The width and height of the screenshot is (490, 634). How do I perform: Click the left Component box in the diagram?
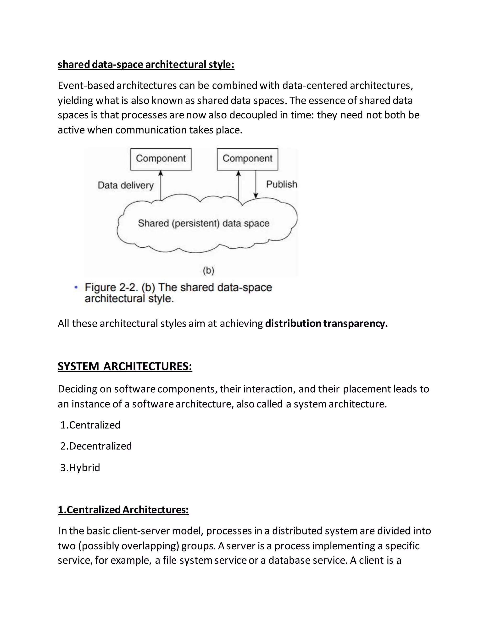coord(161,159)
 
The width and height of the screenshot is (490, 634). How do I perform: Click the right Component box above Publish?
coord(247,159)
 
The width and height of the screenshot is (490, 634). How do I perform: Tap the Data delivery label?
coord(125,185)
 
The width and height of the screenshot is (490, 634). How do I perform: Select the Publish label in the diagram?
coord(282,184)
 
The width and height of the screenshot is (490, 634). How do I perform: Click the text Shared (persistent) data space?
coord(204,223)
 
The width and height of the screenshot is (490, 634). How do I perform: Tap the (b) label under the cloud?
coord(208,271)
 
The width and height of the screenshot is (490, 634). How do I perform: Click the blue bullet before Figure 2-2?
coord(76,287)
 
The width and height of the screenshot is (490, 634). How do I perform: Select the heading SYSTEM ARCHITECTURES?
coord(125,366)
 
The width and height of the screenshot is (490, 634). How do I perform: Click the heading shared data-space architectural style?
coord(146,64)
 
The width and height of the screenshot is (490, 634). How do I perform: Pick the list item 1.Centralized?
coord(90,425)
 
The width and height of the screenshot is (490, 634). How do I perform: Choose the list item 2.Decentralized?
coord(96,446)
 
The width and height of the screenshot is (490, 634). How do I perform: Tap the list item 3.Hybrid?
coord(80,467)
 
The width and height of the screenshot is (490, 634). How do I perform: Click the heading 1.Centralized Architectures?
coord(123,510)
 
